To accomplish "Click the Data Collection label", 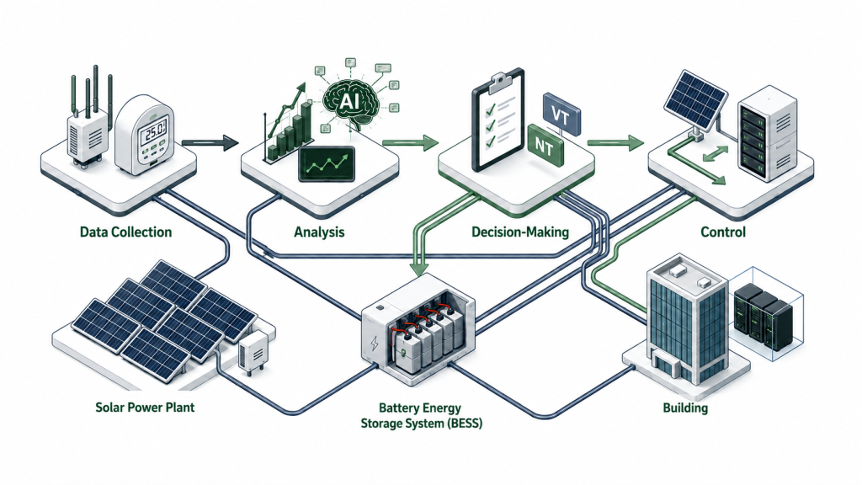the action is [126, 232].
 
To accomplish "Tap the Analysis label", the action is [319, 232].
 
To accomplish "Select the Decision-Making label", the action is [520, 232].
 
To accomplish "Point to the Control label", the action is [723, 232].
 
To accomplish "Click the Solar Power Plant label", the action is [145, 408].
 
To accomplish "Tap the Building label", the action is [685, 408].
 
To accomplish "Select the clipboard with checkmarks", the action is [498, 120].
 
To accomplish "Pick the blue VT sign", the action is [561, 115].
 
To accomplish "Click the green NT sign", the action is [545, 146].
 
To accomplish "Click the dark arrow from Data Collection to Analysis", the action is [210, 143].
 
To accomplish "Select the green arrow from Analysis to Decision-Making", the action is [410, 143].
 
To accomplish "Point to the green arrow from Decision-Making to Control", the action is [615, 143].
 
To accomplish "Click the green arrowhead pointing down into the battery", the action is [420, 268].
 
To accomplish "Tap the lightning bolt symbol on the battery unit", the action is [375, 344].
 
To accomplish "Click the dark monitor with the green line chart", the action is [327, 164].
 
